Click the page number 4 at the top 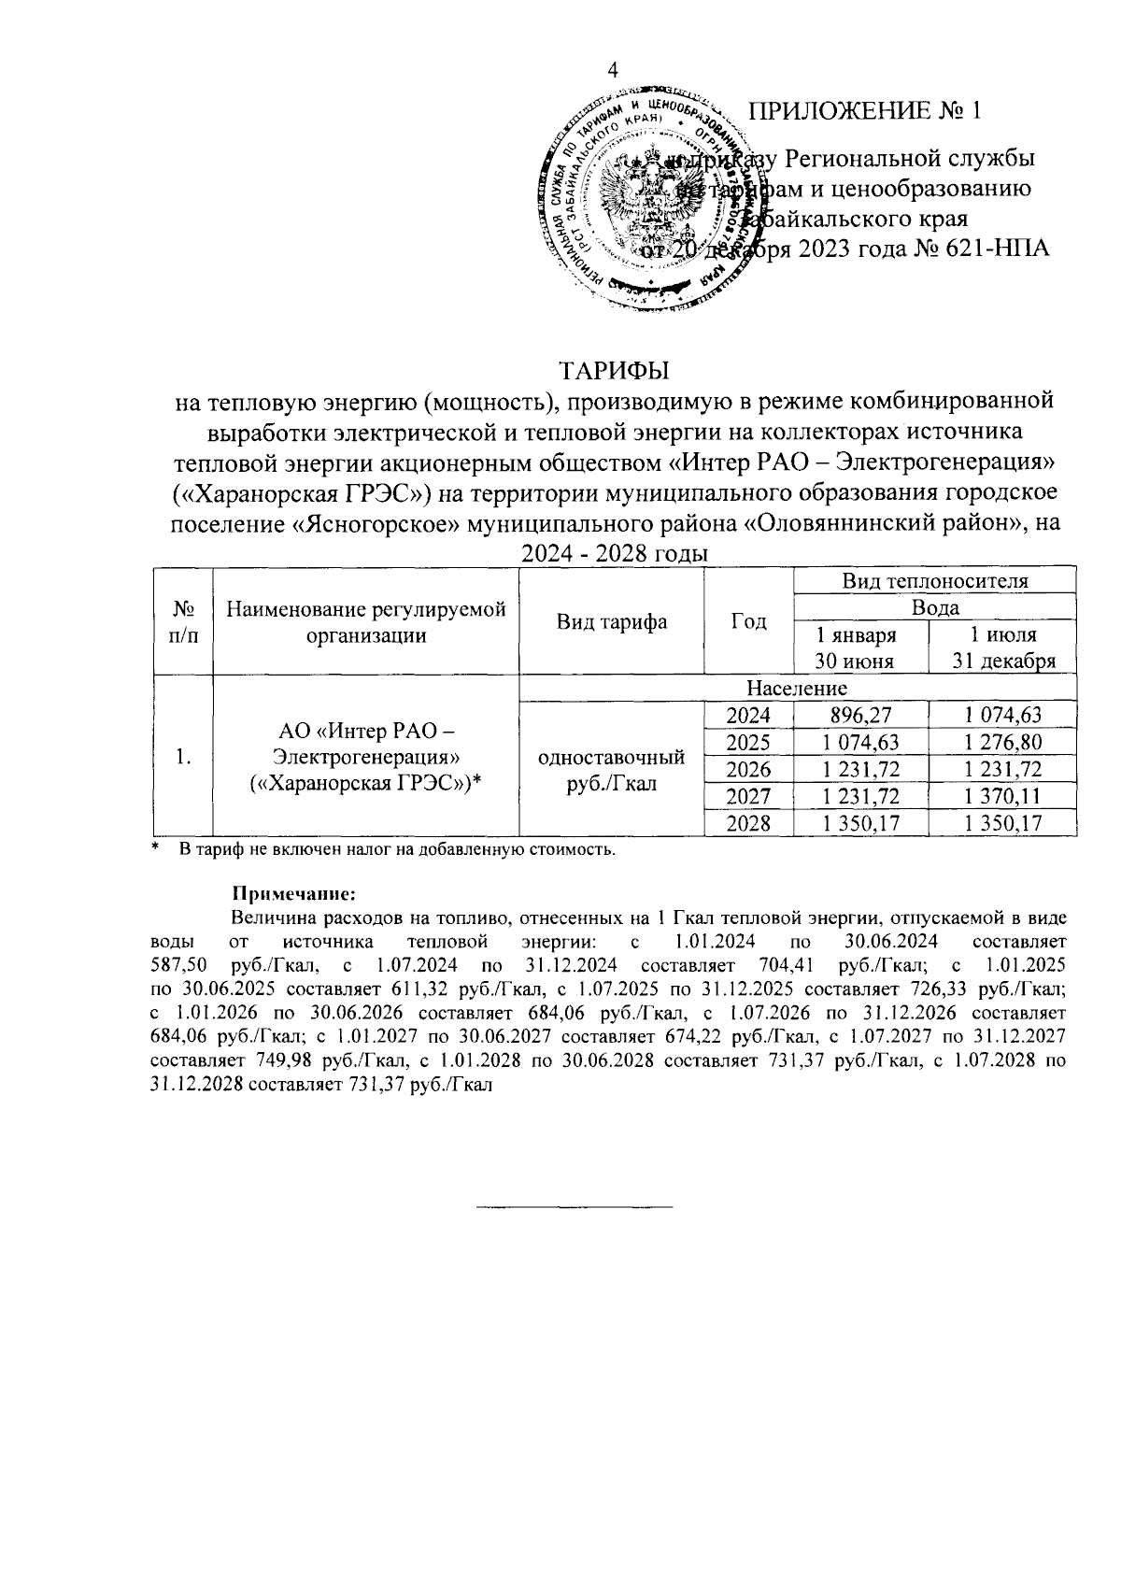tap(614, 71)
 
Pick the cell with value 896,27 tap(860, 716)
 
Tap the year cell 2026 tap(748, 769)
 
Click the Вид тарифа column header tap(611, 621)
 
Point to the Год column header tap(748, 621)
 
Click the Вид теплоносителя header tap(934, 580)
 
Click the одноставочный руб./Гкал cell tap(611, 770)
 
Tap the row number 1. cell tap(183, 757)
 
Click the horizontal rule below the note tap(575, 1208)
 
